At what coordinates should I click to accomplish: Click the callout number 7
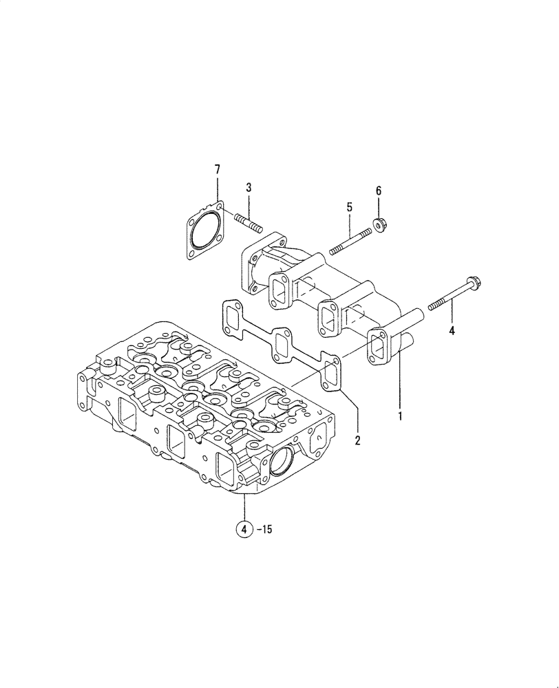(218, 169)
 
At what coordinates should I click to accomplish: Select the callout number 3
(249, 187)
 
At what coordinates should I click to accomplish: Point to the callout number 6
(378, 191)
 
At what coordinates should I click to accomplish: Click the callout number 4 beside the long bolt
(452, 330)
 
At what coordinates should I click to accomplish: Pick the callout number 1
(399, 416)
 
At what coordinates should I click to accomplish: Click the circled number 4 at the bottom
(244, 529)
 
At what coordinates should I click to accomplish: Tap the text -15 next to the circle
(266, 529)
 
